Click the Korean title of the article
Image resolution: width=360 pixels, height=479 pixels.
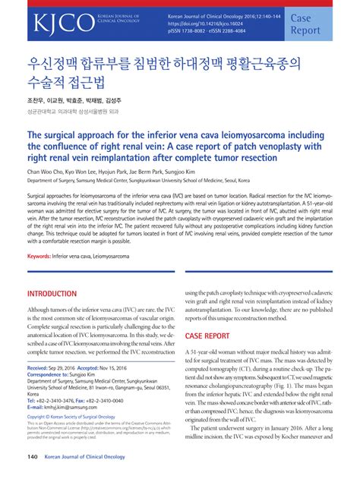click(156, 73)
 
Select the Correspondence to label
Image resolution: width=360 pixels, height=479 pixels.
click(53, 374)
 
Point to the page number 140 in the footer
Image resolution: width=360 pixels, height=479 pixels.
click(33, 457)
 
